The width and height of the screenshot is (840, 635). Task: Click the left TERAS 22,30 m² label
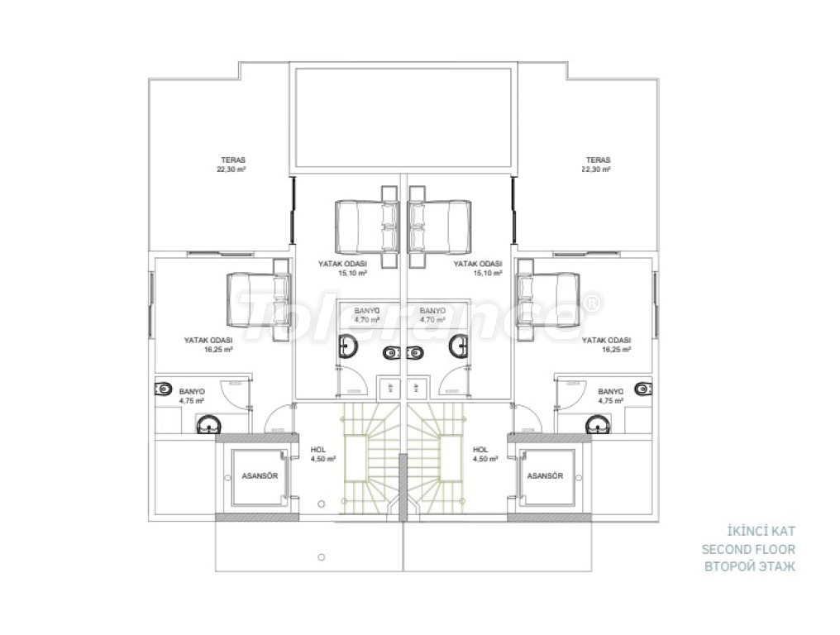click(x=233, y=165)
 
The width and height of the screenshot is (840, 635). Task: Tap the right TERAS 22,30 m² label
click(x=598, y=165)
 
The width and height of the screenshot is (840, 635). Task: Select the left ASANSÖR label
click(x=260, y=476)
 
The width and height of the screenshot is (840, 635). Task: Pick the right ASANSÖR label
click(x=545, y=476)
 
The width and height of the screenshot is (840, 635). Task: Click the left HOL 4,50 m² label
click(x=323, y=455)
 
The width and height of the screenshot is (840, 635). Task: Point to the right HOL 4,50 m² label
click(x=485, y=455)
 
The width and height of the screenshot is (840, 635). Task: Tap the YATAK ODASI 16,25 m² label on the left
click(x=208, y=345)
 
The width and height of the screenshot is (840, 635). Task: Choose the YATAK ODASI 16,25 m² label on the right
click(x=606, y=345)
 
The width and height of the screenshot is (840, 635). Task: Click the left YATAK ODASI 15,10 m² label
click(x=342, y=268)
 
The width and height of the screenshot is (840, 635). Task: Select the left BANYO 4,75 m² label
click(x=192, y=396)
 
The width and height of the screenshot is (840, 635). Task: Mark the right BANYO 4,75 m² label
click(x=611, y=396)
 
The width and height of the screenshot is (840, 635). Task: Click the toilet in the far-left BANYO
click(x=163, y=388)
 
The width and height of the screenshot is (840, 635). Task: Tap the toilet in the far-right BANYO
click(x=643, y=388)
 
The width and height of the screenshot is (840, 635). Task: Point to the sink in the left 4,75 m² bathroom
click(x=208, y=425)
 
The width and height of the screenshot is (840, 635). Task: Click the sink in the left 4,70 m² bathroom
click(x=348, y=346)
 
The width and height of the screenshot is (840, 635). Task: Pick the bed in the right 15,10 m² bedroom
click(x=441, y=227)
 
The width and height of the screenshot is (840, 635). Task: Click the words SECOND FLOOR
click(x=748, y=549)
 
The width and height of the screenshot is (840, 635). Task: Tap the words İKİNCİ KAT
click(x=761, y=532)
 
